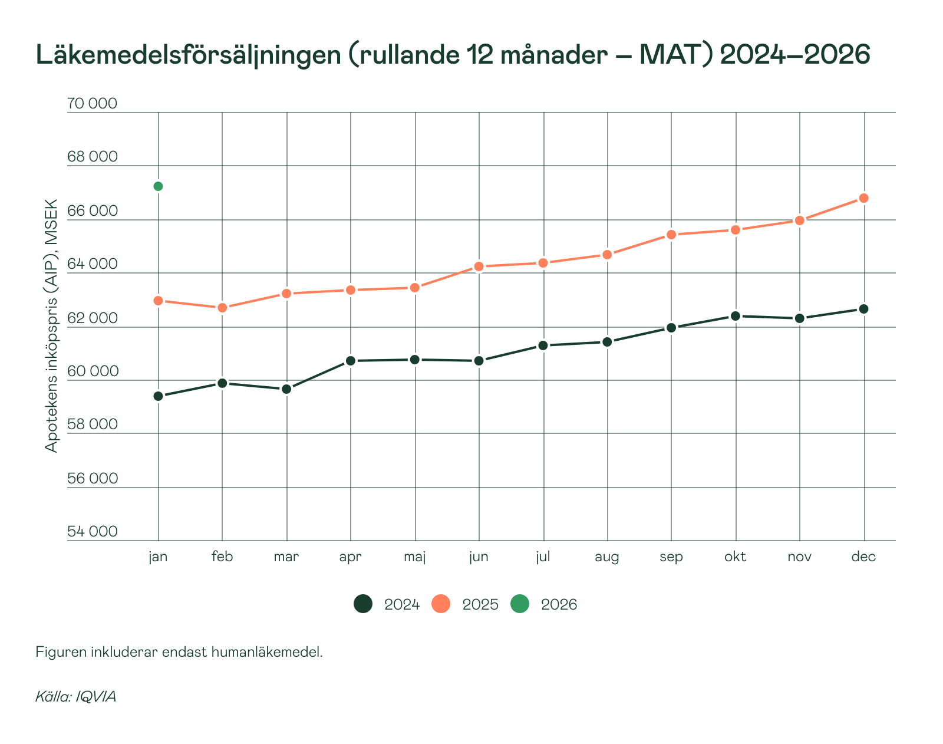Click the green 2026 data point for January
coord(158,186)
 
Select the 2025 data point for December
coord(863,198)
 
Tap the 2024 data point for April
coord(351,361)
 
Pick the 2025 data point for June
coord(479,266)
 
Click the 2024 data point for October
coord(735,316)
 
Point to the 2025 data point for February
coord(222,308)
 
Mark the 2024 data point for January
coord(158,396)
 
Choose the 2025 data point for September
coord(671,235)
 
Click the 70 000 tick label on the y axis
coord(92,104)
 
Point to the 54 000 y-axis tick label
coord(92,532)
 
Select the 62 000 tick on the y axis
coord(92,318)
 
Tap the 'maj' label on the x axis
coord(415,557)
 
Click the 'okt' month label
coord(735,557)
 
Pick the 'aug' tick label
coord(606,557)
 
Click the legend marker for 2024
coord(363,604)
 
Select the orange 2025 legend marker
coord(441,604)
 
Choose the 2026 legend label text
coord(559,604)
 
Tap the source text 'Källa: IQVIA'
coord(75,696)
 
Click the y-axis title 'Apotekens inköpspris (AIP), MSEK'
coord(52,325)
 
